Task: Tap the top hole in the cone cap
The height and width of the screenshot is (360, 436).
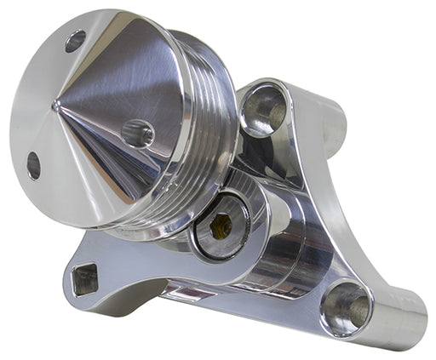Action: click(75, 40)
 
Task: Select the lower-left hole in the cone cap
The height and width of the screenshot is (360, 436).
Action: click(33, 165)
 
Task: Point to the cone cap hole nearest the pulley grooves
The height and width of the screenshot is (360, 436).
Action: click(138, 134)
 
